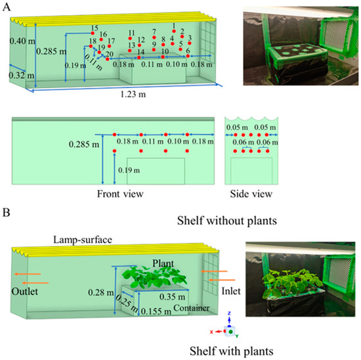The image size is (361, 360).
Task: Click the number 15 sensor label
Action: [x=95, y=28]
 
